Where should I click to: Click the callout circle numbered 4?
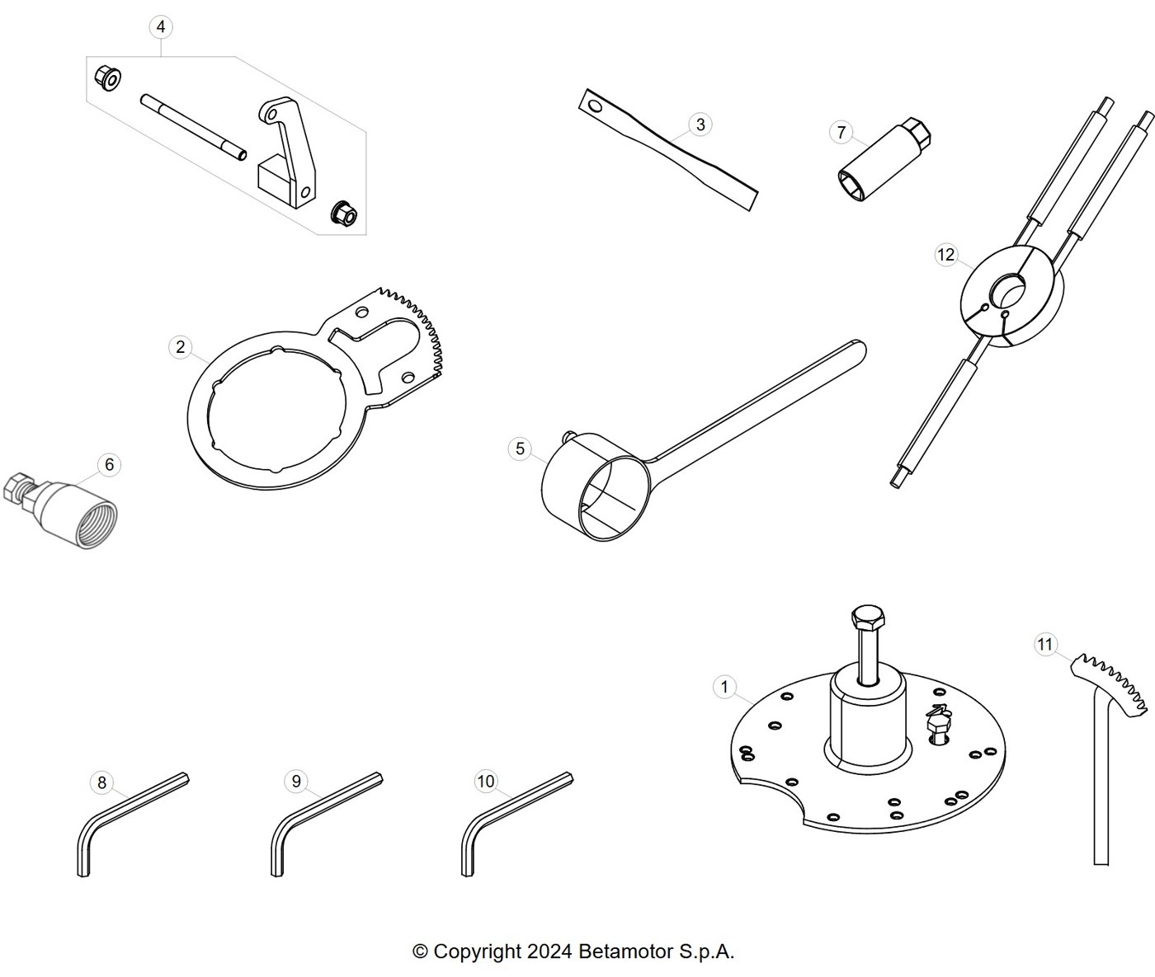(161, 27)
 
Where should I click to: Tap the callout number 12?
(945, 255)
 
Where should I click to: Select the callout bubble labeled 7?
(841, 132)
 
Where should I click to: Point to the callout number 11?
(1044, 645)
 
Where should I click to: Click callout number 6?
(109, 464)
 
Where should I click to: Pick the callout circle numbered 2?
(180, 347)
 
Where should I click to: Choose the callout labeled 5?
(520, 449)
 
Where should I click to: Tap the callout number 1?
(724, 687)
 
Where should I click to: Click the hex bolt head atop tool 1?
(869, 616)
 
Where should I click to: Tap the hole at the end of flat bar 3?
(596, 106)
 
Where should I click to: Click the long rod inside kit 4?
(193, 128)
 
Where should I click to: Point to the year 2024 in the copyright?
(549, 951)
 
